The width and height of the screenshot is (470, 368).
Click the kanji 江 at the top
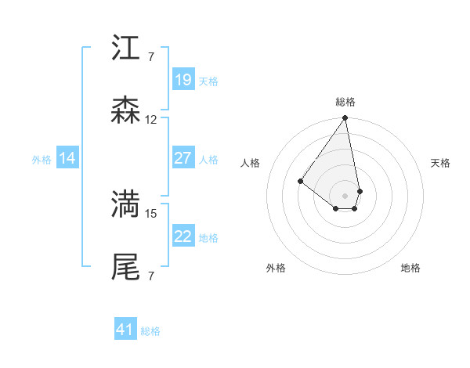tap(125, 49)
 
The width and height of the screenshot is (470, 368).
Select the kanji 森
tap(125, 110)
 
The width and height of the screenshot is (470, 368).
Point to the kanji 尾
tap(125, 266)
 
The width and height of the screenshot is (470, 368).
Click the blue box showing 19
tap(183, 79)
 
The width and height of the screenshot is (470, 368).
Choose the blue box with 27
tap(183, 158)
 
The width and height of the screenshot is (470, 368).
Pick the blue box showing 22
tap(183, 236)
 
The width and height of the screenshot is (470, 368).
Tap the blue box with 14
tap(67, 158)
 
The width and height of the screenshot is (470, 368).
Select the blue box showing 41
tap(125, 330)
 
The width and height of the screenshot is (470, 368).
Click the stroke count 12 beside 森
tap(151, 120)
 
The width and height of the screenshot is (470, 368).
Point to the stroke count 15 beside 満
tap(151, 213)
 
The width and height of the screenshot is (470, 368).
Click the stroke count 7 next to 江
tap(150, 57)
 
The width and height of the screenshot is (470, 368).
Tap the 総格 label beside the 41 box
tap(150, 331)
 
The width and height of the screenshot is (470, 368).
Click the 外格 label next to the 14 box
tap(42, 159)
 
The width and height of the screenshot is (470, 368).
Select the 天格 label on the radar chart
tap(441, 163)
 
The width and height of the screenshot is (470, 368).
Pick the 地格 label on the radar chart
tap(410, 268)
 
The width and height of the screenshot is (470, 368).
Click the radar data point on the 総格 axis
tap(345, 118)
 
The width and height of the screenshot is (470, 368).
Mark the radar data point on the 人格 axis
tap(300, 181)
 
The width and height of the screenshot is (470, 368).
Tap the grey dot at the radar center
tap(345, 195)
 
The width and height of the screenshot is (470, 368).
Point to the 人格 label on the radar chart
tap(250, 163)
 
